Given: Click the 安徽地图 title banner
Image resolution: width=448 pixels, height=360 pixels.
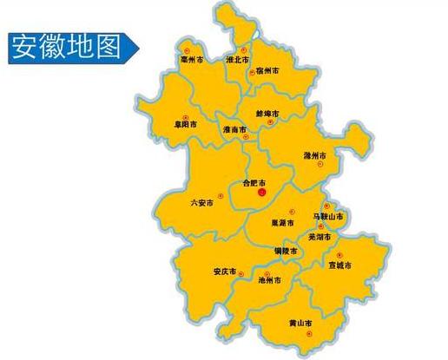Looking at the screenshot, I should point(66,48).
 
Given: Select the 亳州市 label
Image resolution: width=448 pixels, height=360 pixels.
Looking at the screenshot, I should point(191,60).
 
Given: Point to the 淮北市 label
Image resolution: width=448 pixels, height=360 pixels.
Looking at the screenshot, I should point(236,61).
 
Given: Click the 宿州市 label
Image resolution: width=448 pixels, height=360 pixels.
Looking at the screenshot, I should point(267,70).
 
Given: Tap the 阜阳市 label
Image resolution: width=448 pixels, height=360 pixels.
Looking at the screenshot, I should point(185,123).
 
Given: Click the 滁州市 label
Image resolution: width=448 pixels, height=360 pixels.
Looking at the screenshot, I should point(314,155).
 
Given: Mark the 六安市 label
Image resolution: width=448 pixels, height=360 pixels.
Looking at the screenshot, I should point(201,203).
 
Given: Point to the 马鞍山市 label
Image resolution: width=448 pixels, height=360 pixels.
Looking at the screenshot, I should point(327,215).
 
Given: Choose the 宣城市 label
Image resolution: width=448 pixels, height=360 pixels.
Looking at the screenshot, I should point(340,265).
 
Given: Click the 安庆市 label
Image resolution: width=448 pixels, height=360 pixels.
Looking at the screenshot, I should point(224,272).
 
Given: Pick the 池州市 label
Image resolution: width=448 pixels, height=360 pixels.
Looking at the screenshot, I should point(270,280).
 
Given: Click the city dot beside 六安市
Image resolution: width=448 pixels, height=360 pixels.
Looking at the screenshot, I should point(221,196).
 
